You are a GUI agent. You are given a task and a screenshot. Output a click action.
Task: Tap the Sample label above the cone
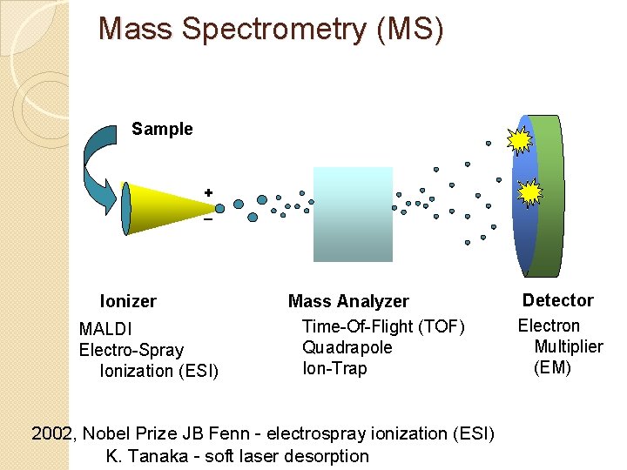point(162,130)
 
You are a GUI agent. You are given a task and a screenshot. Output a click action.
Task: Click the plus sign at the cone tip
point(208,191)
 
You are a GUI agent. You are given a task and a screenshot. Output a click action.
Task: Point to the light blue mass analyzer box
point(353,214)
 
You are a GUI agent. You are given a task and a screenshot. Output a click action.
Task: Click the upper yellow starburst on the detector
point(521,140)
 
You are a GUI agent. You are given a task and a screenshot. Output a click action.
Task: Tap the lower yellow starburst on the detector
point(529,192)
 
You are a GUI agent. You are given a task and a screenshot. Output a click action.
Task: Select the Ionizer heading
point(128,302)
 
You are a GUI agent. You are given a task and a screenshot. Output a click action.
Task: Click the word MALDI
point(105,330)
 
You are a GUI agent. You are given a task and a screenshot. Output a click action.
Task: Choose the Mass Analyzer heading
point(348,302)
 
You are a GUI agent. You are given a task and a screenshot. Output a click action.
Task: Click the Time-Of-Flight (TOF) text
point(383,326)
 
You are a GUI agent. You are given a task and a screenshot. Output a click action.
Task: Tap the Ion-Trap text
point(334,368)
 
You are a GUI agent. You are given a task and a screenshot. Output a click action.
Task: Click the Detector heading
point(557,300)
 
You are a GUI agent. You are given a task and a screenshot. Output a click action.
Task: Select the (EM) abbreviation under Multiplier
point(552,367)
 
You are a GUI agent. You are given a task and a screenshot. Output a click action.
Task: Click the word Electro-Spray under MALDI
point(131,351)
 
